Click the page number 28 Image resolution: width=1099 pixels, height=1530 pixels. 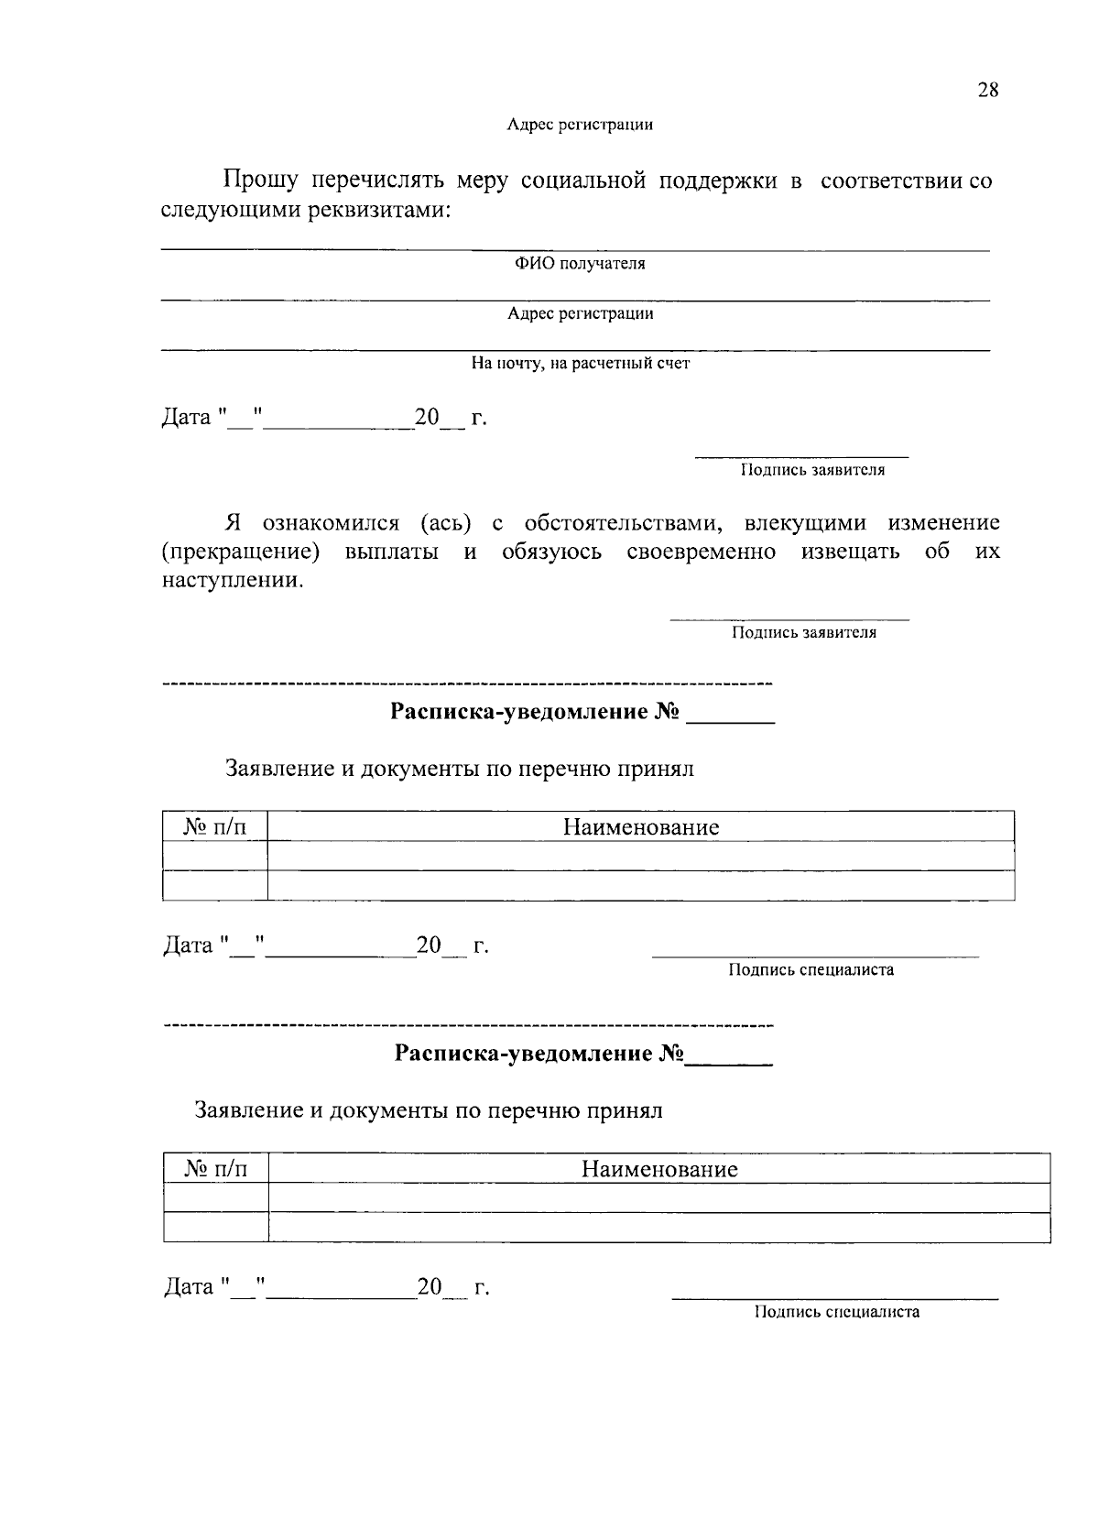pos(987,90)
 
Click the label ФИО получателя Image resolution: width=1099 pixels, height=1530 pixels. pos(579,264)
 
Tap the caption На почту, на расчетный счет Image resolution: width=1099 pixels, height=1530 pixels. pos(581,364)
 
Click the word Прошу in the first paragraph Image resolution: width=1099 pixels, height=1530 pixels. pos(261,180)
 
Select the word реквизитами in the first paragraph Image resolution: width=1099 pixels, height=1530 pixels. pos(376,210)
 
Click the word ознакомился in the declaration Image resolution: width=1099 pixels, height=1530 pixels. pos(331,523)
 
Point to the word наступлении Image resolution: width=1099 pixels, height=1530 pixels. pos(232,581)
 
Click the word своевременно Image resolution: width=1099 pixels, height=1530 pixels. pos(702,552)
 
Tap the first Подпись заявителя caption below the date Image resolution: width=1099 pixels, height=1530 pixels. pos(812,470)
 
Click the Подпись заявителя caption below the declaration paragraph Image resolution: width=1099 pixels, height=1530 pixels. pos(803,632)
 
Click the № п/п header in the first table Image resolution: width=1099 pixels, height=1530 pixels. pos(215,827)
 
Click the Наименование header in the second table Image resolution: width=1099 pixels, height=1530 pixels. pos(659,1169)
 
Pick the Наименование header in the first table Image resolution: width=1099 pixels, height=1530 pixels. pos(641,827)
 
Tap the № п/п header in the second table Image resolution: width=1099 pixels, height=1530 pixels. pos(216,1169)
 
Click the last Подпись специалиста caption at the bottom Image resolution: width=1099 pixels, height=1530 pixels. pos(836,1312)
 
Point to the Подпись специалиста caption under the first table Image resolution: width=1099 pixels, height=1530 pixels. pos(811,970)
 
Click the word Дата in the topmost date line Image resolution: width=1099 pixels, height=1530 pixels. pos(187,418)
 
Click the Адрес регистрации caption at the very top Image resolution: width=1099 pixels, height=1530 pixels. pos(580,125)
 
